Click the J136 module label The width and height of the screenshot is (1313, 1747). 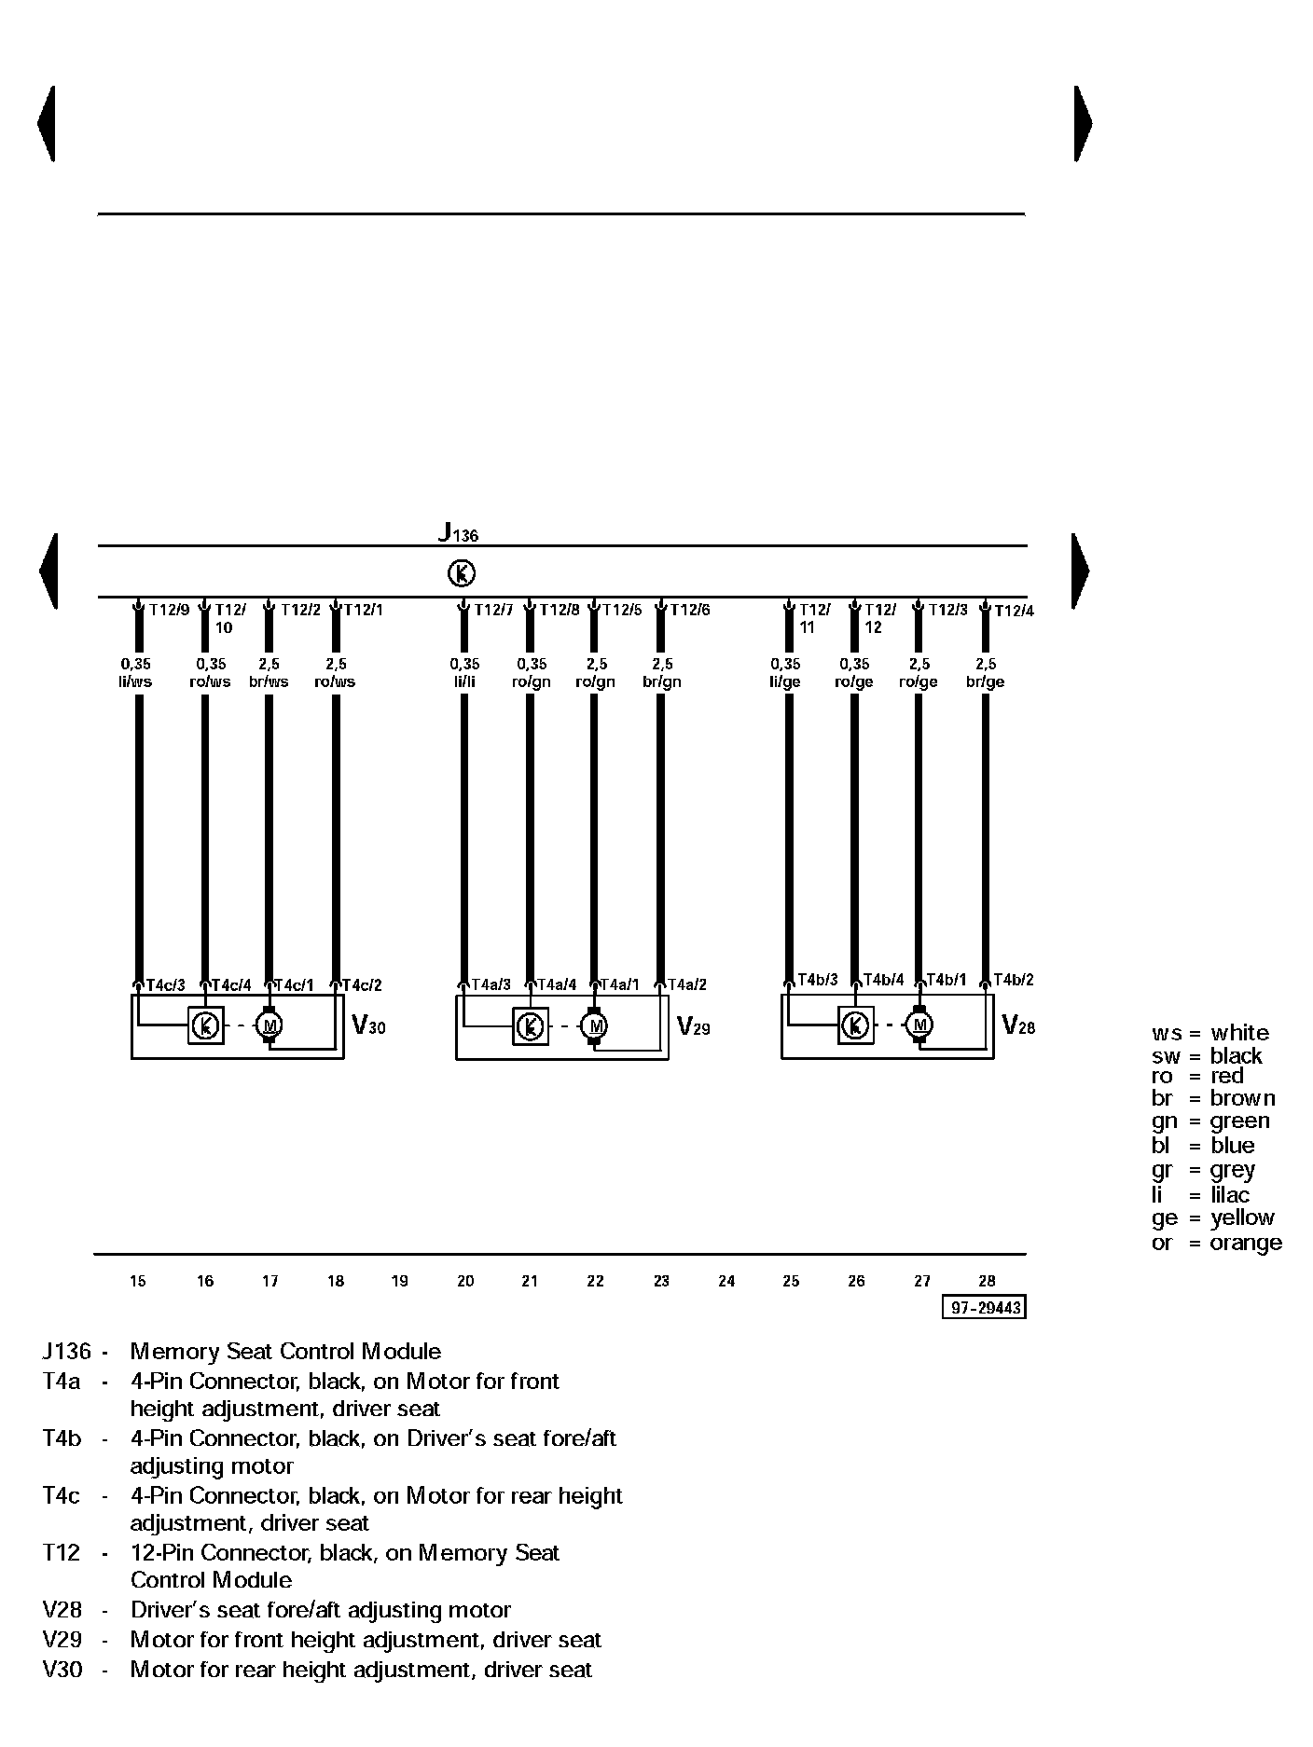458,533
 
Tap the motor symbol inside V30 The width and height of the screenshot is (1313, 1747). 270,1026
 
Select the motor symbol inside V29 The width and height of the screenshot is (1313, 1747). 595,1026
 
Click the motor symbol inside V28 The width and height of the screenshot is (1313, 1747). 919,1025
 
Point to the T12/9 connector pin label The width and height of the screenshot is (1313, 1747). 169,610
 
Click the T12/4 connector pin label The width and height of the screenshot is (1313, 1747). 1014,611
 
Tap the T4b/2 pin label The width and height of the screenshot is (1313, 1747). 1013,980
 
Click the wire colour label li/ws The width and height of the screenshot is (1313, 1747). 135,681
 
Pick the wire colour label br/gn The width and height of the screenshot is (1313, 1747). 662,681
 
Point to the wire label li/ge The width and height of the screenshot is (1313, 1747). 785,681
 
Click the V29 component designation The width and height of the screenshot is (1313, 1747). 693,1027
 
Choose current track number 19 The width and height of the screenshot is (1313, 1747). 399,1281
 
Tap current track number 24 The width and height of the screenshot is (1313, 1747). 726,1281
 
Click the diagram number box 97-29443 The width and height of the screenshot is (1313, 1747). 985,1308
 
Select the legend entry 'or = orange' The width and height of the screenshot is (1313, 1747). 1216,1243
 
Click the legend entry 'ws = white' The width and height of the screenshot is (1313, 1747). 1209,1033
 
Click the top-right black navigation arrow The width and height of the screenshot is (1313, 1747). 1082,123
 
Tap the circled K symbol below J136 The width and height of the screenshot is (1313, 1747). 462,573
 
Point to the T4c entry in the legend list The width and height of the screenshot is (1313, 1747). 61,1495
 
